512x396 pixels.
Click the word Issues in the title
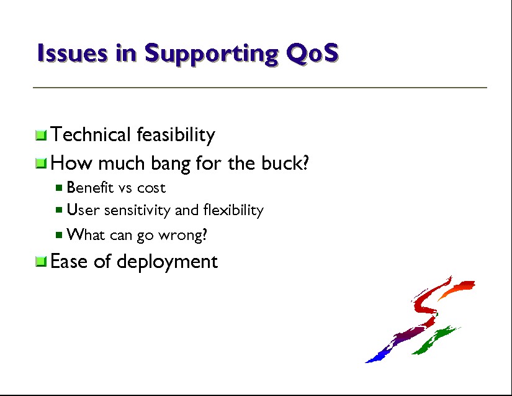point(72,53)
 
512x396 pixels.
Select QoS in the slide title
point(313,53)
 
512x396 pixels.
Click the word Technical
point(91,134)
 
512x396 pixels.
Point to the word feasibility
point(176,135)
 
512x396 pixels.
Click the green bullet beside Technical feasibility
point(41,135)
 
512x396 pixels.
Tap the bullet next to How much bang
point(41,163)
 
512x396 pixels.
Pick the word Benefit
point(90,187)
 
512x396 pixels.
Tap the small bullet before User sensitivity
point(59,210)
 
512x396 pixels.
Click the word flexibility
point(233,210)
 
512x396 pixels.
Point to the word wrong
point(182,235)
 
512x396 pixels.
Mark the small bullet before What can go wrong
point(59,235)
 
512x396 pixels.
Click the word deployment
point(167,262)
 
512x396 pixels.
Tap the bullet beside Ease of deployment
point(41,262)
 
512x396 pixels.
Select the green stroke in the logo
point(436,340)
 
